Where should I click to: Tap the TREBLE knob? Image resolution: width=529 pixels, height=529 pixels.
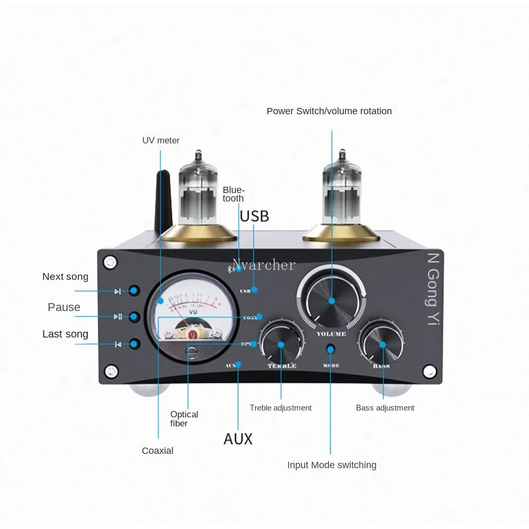pyautogui.click(x=281, y=344)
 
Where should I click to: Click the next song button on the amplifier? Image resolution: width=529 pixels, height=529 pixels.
pyautogui.click(x=134, y=290)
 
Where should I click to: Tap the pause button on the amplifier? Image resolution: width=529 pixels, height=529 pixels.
pyautogui.click(x=134, y=317)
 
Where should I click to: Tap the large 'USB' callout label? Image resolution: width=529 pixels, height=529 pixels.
pyautogui.click(x=254, y=216)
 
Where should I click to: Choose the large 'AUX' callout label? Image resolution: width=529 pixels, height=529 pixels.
pyautogui.click(x=238, y=439)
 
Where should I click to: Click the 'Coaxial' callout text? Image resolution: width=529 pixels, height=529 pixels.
pyautogui.click(x=158, y=451)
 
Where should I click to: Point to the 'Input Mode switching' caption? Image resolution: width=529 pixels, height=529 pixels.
pyautogui.click(x=332, y=465)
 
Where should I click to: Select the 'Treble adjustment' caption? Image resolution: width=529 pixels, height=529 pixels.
pyautogui.click(x=280, y=408)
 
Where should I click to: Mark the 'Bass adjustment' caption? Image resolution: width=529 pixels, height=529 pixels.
pyautogui.click(x=385, y=408)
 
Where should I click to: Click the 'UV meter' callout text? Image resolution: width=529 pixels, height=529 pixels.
pyautogui.click(x=161, y=140)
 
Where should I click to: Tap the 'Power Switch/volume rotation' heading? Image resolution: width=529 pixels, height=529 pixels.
pyautogui.click(x=329, y=111)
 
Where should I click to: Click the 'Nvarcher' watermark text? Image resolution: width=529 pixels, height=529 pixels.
pyautogui.click(x=264, y=264)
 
